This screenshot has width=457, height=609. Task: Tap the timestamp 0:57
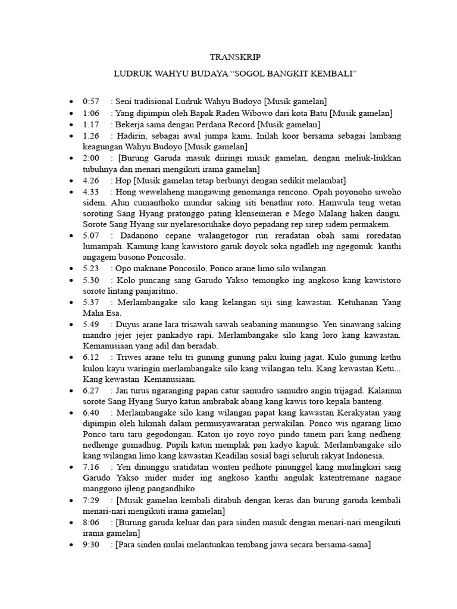(91, 102)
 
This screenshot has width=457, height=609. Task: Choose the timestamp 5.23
(91, 268)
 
